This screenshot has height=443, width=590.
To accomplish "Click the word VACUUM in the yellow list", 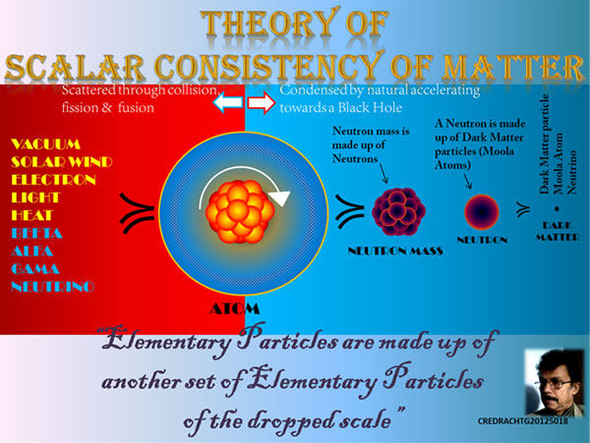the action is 45,144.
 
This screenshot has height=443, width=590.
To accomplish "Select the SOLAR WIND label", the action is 62,162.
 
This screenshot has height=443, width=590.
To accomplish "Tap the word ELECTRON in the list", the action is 53,180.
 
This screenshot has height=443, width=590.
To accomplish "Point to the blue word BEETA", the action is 36,234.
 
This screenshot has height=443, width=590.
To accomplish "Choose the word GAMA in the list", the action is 35,269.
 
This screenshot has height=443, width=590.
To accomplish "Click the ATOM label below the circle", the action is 234,308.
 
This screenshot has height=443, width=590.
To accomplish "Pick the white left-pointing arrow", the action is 228,102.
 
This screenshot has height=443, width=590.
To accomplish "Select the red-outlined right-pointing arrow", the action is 262,102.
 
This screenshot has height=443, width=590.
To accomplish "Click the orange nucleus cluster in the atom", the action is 240,211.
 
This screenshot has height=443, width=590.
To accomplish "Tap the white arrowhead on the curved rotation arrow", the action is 280,198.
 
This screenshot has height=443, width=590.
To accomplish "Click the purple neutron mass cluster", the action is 398,211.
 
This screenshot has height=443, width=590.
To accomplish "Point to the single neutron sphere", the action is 482,212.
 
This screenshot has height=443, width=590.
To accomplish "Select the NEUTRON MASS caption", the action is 395,251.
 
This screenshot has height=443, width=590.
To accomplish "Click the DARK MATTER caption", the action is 558,231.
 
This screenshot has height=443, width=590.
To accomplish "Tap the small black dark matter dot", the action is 558,209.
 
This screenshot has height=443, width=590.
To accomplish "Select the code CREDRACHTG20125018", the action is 523,421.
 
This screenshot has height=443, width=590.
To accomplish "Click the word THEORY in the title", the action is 267,24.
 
